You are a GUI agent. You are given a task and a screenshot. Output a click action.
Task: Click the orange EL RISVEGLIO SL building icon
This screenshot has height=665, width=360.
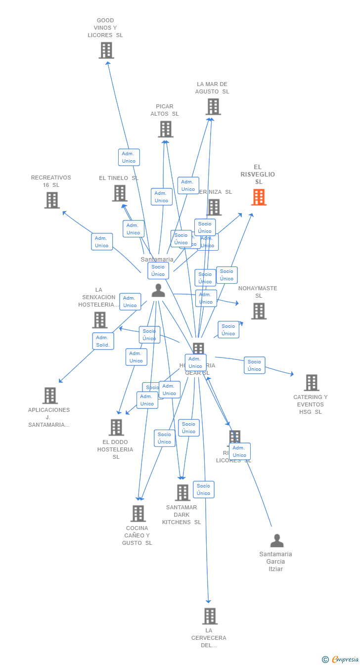pyautogui.click(x=259, y=197)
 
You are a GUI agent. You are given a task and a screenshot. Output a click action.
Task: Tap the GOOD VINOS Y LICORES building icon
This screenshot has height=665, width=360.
pyautogui.click(x=106, y=50)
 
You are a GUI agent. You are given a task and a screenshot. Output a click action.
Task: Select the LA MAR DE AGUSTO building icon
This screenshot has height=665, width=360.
pyautogui.click(x=213, y=107)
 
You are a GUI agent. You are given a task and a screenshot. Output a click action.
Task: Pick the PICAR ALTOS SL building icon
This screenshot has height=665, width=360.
pyautogui.click(x=166, y=129)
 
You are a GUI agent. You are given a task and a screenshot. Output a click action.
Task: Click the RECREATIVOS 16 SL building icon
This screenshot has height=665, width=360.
pyautogui.click(x=52, y=200)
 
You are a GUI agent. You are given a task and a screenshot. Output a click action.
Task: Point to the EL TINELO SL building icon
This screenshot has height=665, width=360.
pyautogui.click(x=120, y=193)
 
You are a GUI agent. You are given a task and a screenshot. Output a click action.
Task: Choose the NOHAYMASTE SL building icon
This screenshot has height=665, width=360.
pyautogui.click(x=259, y=311)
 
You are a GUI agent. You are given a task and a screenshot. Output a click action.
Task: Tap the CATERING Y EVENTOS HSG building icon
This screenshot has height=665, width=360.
pyautogui.click(x=312, y=383)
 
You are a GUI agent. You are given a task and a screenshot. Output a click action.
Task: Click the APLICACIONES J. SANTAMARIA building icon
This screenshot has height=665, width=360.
pyautogui.click(x=50, y=396)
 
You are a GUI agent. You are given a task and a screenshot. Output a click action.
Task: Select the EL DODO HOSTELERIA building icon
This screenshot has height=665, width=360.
pyautogui.click(x=116, y=427)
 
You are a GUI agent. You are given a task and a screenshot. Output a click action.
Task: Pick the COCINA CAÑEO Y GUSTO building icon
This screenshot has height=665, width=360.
pyautogui.click(x=138, y=513)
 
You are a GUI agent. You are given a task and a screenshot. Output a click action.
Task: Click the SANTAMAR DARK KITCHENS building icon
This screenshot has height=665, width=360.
pyautogui.click(x=182, y=492)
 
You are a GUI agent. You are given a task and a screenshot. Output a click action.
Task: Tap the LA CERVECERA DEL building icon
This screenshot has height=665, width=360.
pyautogui.click(x=210, y=616)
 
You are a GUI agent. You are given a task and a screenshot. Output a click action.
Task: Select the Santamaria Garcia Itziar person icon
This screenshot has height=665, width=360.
pyautogui.click(x=277, y=541)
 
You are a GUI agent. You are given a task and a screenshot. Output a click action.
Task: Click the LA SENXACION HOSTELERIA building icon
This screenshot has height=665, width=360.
pyautogui.click(x=100, y=320)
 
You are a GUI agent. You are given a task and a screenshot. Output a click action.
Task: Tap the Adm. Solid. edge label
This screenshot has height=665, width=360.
pyautogui.click(x=103, y=341)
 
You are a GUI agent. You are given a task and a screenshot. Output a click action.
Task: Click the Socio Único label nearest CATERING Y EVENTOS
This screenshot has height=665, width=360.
pyautogui.click(x=254, y=365)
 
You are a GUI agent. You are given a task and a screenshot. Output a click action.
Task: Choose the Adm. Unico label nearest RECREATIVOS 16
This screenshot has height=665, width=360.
pyautogui.click(x=102, y=242)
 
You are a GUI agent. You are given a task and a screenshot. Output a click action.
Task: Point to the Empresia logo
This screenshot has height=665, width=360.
pyautogui.click(x=341, y=659)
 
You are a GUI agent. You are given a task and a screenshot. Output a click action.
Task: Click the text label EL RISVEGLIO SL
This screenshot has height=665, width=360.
pyautogui.click(x=258, y=175)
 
